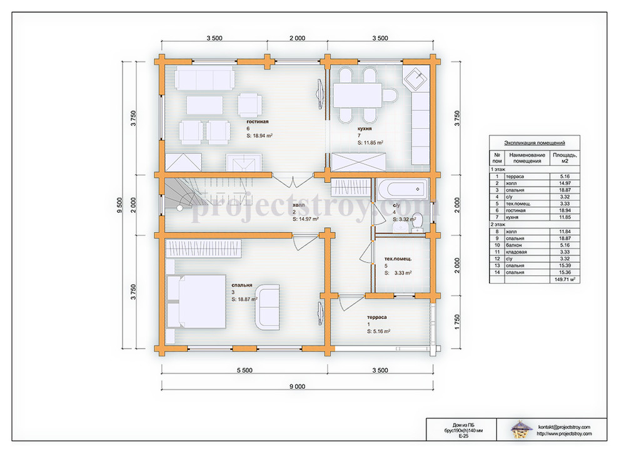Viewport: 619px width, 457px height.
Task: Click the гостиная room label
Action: [x=258, y=121]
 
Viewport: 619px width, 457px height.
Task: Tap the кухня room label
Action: [x=365, y=128]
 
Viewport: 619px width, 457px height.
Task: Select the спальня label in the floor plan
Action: [x=241, y=285]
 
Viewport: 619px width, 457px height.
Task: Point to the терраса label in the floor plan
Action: [x=376, y=317]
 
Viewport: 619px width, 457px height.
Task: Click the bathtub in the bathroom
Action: [x=402, y=189]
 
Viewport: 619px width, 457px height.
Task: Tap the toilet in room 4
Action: [x=416, y=223]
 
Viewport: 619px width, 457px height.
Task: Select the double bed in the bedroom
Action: [x=196, y=301]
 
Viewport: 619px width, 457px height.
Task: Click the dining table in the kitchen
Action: [x=357, y=95]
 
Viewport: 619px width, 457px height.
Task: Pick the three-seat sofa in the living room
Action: [x=204, y=78]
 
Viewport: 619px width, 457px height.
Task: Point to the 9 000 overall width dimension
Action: [x=297, y=387]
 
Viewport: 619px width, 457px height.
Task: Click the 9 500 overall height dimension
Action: [x=120, y=205]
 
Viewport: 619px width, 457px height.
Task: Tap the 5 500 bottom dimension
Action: [x=244, y=371]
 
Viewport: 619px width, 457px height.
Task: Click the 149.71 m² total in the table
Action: [x=565, y=279]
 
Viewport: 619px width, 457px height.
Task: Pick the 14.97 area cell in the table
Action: [x=565, y=183]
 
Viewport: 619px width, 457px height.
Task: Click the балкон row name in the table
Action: [x=513, y=245]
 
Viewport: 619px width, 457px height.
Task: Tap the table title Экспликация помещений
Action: [x=535, y=143]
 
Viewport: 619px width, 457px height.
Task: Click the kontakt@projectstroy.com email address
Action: [x=564, y=427]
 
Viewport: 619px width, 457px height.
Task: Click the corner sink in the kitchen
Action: [x=416, y=79]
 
